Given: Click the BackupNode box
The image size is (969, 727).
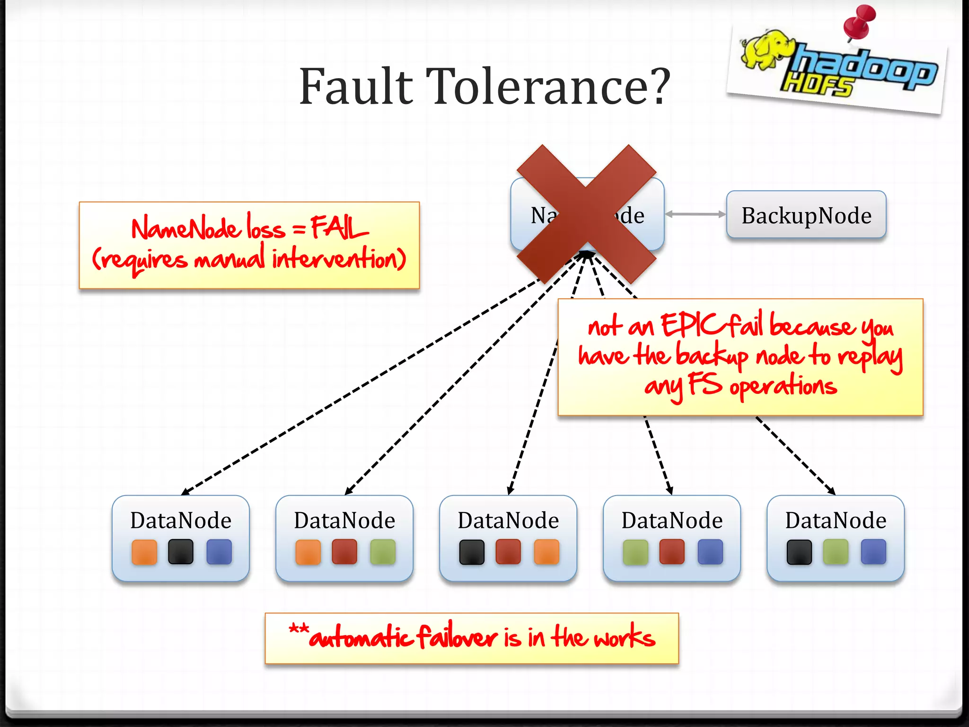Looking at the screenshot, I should [806, 215].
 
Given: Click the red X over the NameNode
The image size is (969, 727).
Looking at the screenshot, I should [586, 214].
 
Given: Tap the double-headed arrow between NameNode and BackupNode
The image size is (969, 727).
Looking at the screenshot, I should [695, 214].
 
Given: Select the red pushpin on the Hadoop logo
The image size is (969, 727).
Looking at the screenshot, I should [860, 21].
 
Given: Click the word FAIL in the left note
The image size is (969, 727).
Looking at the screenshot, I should [339, 228].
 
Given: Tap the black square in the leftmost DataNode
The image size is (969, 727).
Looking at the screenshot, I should [181, 552].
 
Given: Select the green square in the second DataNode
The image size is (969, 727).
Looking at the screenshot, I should [383, 552].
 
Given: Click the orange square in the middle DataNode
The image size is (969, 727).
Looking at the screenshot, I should [546, 552].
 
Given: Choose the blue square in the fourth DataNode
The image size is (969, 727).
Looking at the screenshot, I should [710, 552].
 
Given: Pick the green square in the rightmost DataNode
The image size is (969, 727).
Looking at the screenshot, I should [836, 552].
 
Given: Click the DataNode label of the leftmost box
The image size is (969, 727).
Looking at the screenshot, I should [181, 520].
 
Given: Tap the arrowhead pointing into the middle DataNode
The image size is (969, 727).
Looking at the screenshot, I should [510, 490].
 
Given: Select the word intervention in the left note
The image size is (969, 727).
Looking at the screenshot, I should [338, 259].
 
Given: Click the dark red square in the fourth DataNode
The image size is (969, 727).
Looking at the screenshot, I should [672, 552].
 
